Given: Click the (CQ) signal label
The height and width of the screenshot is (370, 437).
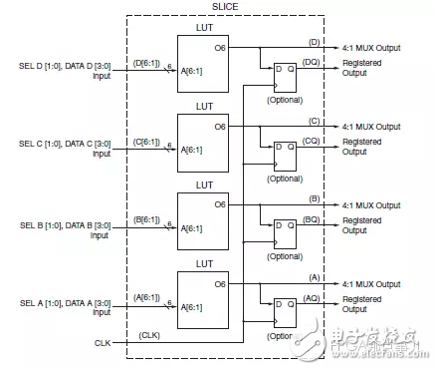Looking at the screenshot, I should pos(313,140).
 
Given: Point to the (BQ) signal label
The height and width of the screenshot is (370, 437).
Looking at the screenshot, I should pos(313,218).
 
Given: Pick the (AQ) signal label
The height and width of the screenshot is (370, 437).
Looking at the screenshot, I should pos(313,298).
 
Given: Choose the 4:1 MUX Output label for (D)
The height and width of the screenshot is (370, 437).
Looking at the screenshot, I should pos(371,47).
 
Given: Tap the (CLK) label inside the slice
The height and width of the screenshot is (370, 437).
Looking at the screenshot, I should pos(149,334).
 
